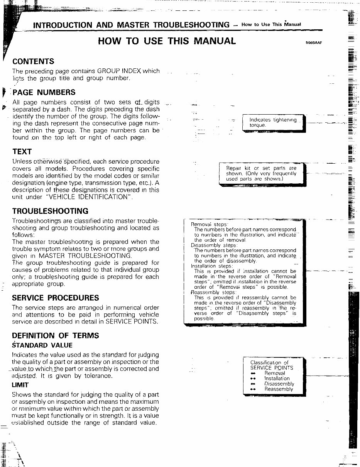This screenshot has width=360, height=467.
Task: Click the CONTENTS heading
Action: [33, 61]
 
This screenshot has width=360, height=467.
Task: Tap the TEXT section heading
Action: [22, 152]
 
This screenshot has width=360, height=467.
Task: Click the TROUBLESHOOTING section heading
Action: [50, 211]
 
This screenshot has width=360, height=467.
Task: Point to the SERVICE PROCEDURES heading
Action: [55, 298]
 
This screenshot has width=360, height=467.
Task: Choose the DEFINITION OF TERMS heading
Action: [55, 336]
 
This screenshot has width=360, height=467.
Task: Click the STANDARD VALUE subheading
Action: [42, 345]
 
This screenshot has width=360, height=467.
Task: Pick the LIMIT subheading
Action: [20, 385]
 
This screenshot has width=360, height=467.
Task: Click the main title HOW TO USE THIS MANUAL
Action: [167, 41]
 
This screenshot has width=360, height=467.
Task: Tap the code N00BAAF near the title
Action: [313, 43]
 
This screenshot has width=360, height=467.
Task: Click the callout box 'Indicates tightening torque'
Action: [273, 123]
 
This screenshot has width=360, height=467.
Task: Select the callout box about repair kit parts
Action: [261, 174]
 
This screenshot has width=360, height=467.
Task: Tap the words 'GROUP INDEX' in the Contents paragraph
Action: [119, 71]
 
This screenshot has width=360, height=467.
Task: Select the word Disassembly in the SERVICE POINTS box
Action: [279, 384]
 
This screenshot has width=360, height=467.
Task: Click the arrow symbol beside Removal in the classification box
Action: [253, 374]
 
